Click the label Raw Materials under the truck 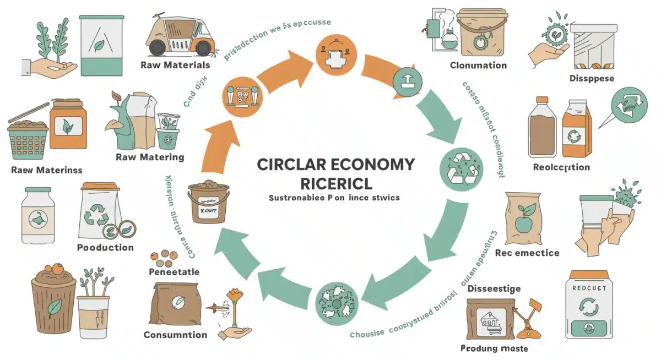coord(175,65)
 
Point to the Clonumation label coord(478,66)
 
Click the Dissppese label coord(592,79)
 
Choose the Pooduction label coord(105,247)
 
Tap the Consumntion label coord(175,335)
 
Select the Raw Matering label coord(150,157)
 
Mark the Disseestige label coord(494,288)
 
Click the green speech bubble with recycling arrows coord(627,108)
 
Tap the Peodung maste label coord(494,348)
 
